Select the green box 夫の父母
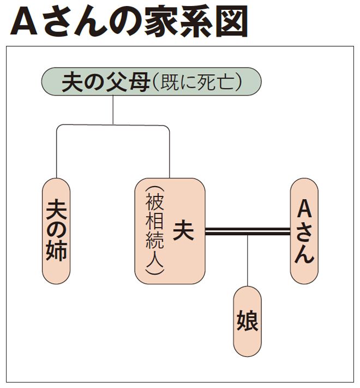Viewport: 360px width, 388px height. coord(151,82)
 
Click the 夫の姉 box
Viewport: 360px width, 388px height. coord(56,231)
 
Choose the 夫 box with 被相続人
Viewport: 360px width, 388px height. coord(170,231)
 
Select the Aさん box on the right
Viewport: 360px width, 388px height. coord(304,231)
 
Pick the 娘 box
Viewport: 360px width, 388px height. coord(247,321)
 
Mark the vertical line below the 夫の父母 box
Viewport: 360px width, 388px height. coord(113,110)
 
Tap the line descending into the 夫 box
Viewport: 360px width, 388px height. coord(170,153)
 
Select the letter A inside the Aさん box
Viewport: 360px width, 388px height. coord(304,209)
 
